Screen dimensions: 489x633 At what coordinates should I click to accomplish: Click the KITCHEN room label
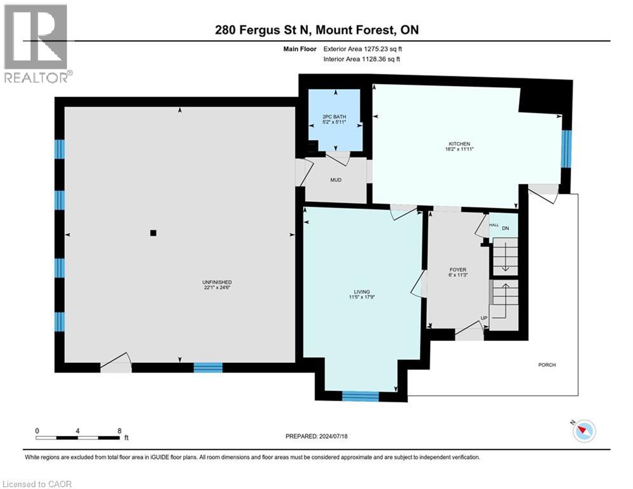(x=458, y=145)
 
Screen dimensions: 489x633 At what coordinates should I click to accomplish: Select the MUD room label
(x=336, y=180)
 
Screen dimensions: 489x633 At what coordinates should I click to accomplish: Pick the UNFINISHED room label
(x=217, y=282)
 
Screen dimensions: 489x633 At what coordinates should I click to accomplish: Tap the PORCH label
(x=546, y=365)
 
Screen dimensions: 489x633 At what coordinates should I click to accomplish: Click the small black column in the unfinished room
(x=153, y=233)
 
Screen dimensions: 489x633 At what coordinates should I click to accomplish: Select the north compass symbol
(x=583, y=432)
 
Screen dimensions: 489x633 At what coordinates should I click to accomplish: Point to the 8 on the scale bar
(x=119, y=430)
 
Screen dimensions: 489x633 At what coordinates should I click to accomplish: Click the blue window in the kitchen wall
(x=566, y=148)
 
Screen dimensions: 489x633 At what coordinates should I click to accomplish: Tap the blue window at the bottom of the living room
(x=360, y=396)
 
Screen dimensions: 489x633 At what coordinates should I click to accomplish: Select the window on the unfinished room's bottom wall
(x=208, y=367)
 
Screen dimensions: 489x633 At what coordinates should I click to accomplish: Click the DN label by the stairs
(x=506, y=228)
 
